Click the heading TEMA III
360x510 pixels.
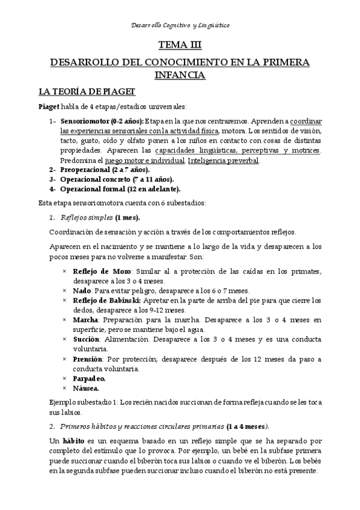180,45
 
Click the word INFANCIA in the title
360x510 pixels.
180,75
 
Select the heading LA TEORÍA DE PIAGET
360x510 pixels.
87,91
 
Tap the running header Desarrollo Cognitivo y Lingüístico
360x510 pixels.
180,25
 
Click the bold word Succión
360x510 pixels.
87,339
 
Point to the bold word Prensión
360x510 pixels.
88,358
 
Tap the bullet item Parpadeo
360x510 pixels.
89,378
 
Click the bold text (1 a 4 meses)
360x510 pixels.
247,426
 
